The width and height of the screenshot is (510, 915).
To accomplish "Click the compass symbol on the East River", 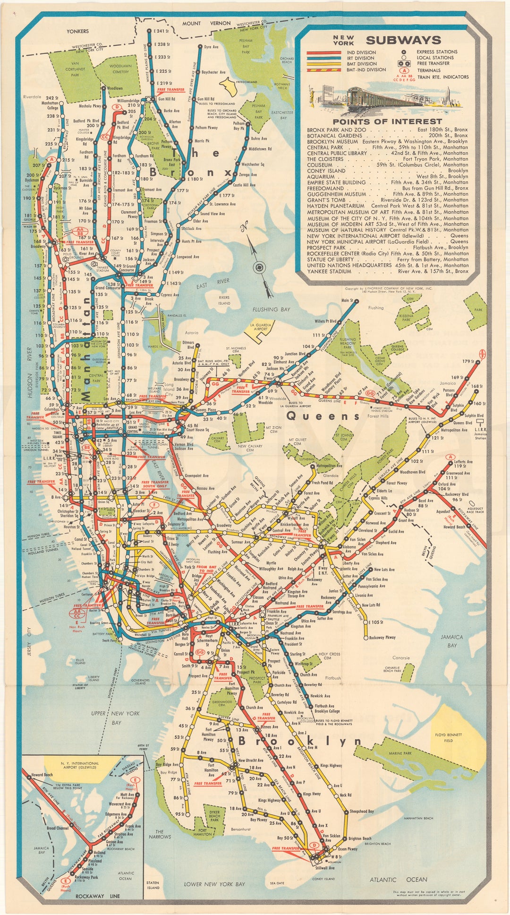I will click(x=259, y=268).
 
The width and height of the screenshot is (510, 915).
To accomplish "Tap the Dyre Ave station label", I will click(x=211, y=47).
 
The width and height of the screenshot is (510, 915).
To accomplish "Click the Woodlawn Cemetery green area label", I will click(x=120, y=69).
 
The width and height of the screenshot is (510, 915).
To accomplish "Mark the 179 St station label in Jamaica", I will click(x=468, y=362).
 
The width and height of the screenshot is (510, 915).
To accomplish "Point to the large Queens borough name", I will click(x=323, y=416).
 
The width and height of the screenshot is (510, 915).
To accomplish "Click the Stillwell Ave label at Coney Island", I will click(x=325, y=868).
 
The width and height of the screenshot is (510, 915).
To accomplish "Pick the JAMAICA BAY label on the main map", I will click(x=451, y=641).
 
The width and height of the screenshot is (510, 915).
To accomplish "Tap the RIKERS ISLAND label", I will click(x=224, y=300).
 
